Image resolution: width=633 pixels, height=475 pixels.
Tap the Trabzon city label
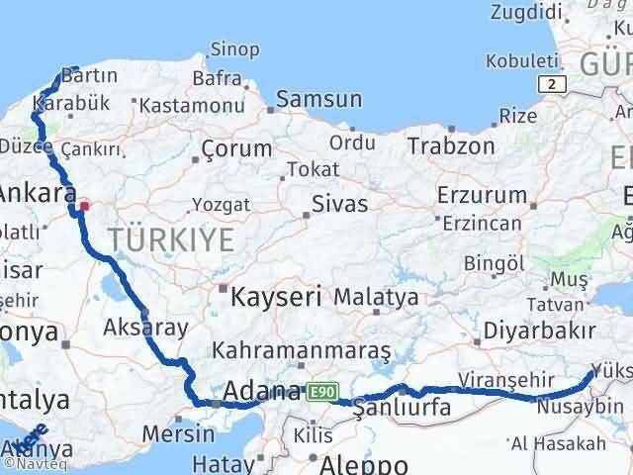click(451, 145)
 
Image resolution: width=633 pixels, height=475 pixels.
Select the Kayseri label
click(277, 296)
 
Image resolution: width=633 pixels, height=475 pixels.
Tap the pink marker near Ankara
click(85, 207)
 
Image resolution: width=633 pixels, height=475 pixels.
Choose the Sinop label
click(236, 48)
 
